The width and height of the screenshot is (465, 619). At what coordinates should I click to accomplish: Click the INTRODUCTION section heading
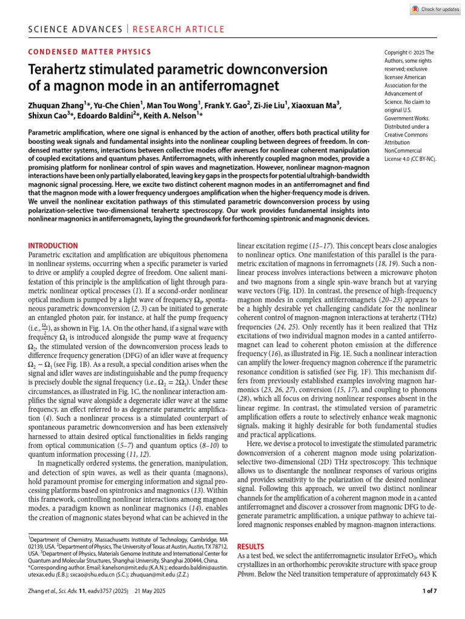tap(53, 246)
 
